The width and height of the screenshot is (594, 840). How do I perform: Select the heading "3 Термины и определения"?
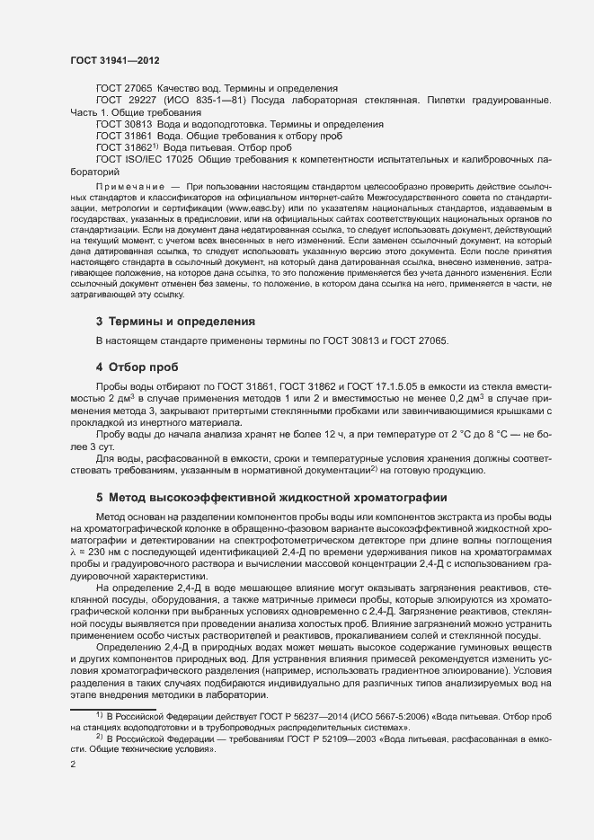click(166, 321)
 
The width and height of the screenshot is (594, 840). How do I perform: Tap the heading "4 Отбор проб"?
click(137, 367)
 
